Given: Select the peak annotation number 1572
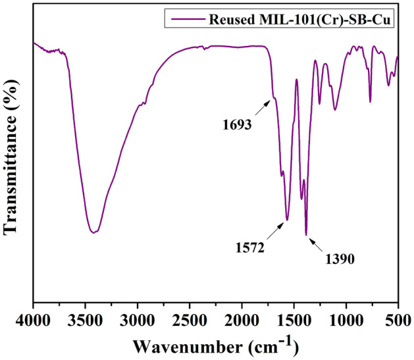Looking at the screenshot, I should (250, 249).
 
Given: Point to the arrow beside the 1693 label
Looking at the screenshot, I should (261, 108).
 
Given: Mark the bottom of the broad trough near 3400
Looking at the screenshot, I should (94, 232).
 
